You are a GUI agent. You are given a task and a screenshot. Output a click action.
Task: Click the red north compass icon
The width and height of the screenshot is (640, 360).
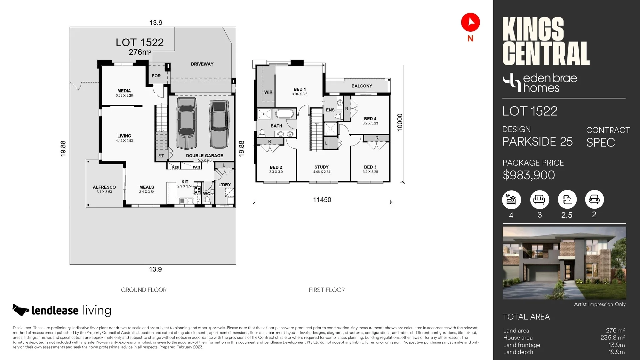pos(470,22)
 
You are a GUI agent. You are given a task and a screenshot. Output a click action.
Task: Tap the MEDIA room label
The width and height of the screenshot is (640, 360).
pos(124,91)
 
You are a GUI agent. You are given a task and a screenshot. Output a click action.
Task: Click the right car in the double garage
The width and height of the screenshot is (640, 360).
pos(219,124)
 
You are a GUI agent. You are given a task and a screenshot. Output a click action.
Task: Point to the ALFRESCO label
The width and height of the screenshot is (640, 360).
pos(104,187)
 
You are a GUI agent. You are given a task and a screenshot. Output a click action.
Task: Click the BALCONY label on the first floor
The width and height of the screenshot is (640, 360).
pos(362,86)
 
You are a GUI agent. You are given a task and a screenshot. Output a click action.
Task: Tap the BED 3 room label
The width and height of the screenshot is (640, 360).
pos(370,167)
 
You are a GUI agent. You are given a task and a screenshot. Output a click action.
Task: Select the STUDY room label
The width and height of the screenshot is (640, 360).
pos(321,167)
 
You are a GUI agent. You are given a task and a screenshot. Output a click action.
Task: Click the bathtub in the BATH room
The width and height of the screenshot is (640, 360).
pos(284,114)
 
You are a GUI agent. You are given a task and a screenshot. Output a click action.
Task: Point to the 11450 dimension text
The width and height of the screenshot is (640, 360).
pos(322,200)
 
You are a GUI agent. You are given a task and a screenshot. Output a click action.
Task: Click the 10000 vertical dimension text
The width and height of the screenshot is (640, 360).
pos(400,122)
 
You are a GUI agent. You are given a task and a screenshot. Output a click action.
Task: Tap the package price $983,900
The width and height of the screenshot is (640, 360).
pos(529,175)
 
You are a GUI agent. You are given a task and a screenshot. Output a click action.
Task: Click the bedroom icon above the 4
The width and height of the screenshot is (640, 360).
pos(511,200)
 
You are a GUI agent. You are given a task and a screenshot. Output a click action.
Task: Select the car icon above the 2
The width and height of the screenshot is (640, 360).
pos(594,199)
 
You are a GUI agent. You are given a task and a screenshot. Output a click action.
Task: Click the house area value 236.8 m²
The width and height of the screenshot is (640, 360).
pos(612,338)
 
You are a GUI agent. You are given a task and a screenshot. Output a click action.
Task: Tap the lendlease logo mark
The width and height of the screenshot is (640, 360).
pos(21,310)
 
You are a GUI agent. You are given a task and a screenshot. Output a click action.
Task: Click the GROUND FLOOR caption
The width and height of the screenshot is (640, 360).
pos(144,290)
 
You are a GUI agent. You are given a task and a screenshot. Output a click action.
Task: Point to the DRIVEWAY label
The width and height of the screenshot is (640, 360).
pos(202,64)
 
